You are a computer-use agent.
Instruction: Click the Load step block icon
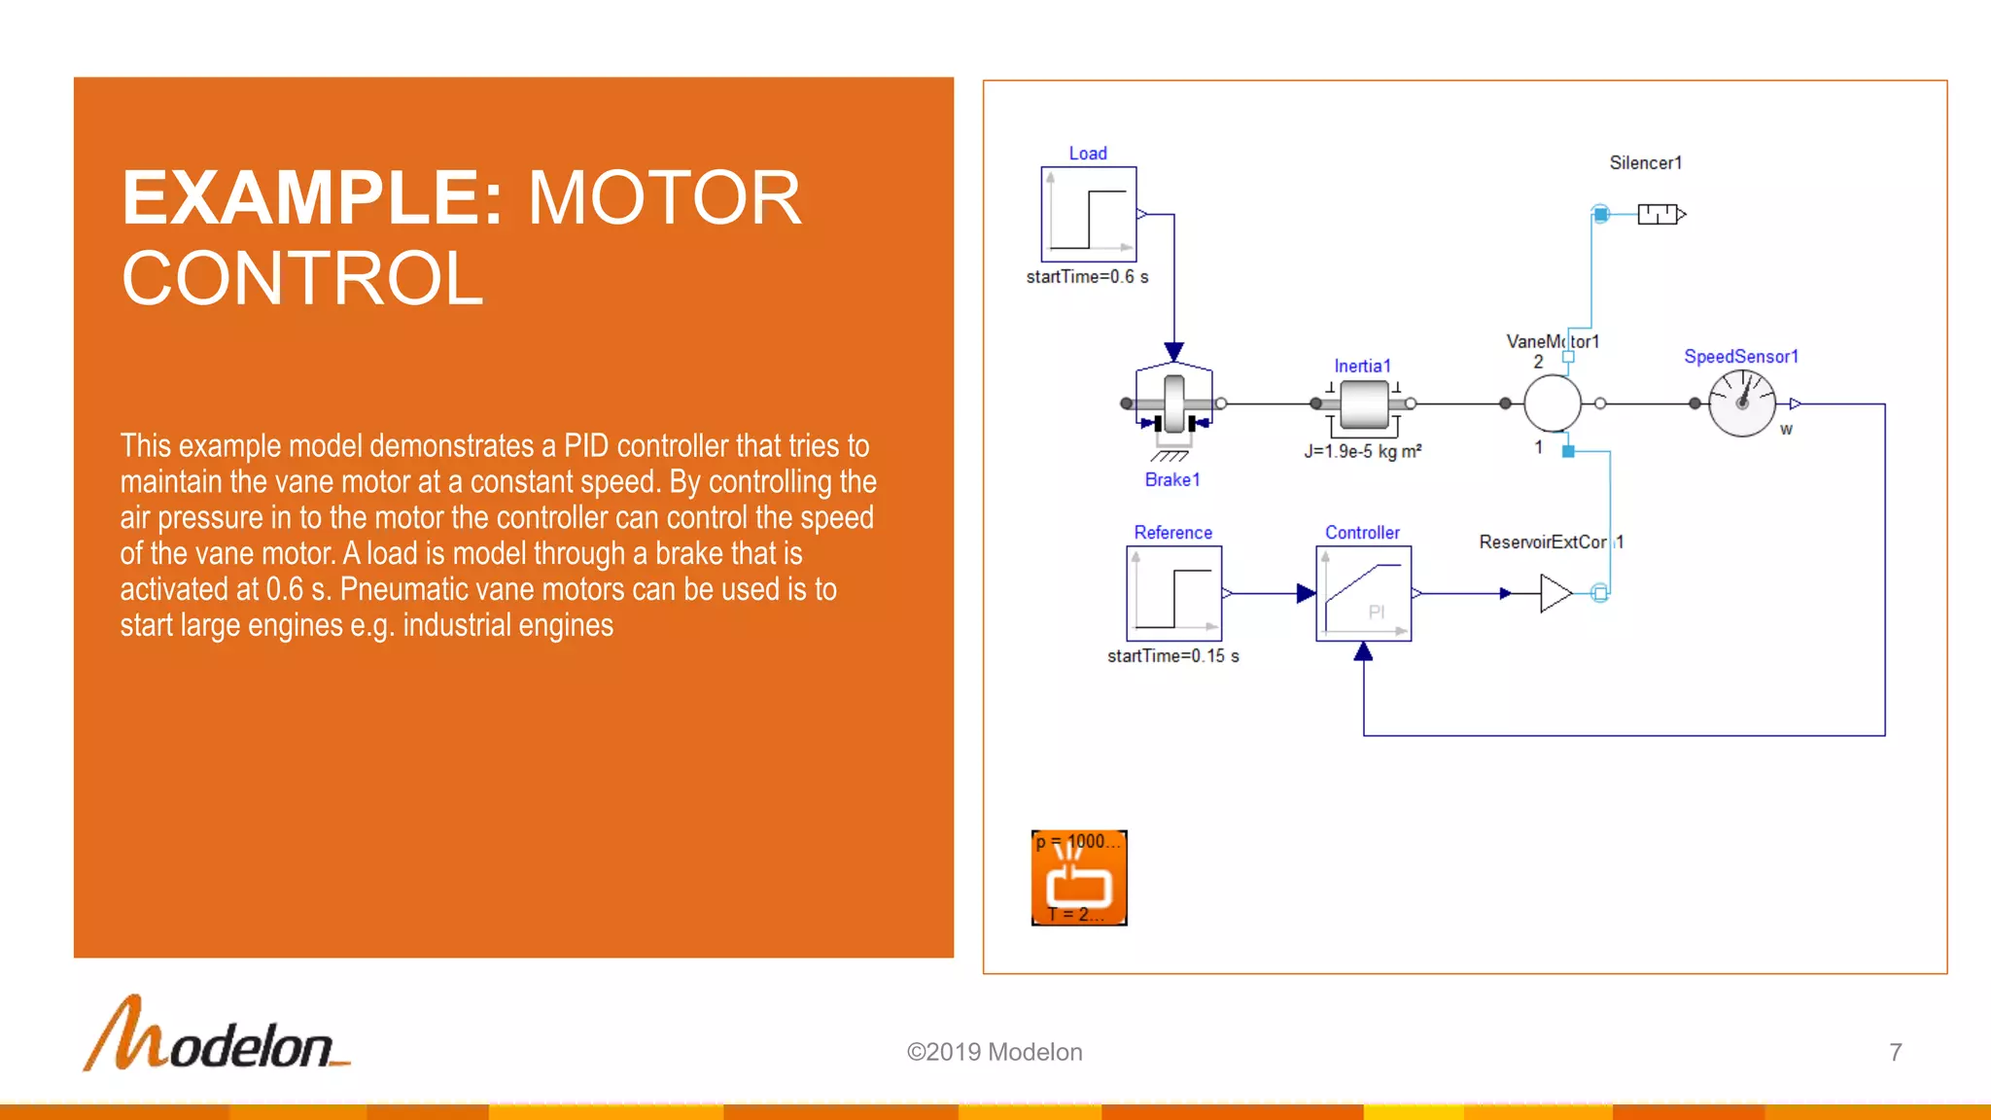tap(1088, 214)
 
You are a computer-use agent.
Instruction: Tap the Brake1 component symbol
tap(1174, 403)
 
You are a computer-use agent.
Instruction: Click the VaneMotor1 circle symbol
tap(1552, 403)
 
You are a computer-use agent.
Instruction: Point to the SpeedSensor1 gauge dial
tap(1741, 403)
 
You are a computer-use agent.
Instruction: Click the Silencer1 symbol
tap(1659, 214)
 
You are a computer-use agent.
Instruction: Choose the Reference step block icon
tap(1173, 593)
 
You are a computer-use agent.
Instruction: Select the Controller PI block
tap(1363, 593)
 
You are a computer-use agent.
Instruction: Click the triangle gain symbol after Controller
tap(1554, 593)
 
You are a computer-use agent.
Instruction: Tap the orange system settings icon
tap(1079, 878)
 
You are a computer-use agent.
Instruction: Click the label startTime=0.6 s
tap(1087, 277)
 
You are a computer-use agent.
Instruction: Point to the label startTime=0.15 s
tap(1172, 656)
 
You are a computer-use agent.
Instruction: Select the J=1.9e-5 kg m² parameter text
tap(1362, 451)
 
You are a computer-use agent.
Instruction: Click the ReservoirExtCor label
tap(1544, 542)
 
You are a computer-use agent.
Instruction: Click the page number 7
tap(1895, 1052)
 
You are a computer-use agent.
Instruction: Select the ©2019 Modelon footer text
tap(994, 1052)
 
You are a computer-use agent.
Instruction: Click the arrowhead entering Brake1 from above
tap(1174, 352)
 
